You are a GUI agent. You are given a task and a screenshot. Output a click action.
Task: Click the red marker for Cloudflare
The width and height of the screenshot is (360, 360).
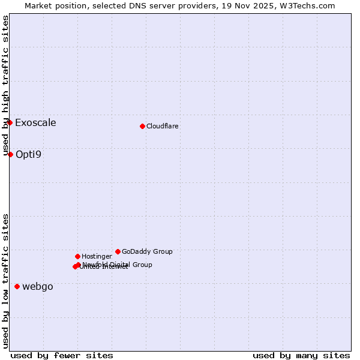point(142,126)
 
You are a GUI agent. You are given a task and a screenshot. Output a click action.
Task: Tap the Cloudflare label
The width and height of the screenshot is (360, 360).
point(163,127)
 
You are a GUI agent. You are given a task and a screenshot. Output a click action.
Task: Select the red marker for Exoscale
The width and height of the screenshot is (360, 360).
point(10,122)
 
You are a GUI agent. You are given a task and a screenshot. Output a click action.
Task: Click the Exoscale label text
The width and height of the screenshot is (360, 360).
point(35,123)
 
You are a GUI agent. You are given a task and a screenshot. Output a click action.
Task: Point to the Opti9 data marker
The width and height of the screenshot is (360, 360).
point(10,154)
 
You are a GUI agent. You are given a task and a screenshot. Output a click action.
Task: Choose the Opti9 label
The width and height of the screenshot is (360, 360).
point(28,155)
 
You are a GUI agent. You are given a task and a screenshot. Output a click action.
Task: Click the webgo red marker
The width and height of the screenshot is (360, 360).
point(17,286)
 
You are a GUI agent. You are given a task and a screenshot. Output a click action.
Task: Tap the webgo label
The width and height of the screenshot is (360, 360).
point(38,287)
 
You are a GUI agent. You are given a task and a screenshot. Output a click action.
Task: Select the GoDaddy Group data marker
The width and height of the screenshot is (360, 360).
point(118,251)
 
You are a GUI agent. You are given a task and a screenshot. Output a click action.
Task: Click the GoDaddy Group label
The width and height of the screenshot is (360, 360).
point(147,252)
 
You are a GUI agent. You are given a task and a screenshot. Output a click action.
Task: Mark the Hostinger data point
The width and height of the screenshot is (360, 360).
point(77,256)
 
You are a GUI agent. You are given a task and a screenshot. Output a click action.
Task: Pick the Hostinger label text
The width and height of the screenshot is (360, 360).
point(97,257)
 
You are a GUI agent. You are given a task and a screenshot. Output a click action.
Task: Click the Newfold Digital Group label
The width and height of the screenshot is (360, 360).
point(118,265)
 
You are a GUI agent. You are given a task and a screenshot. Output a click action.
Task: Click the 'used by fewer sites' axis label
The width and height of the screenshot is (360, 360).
point(62,355)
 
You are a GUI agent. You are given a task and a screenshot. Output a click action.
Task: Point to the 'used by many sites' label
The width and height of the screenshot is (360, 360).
point(301,355)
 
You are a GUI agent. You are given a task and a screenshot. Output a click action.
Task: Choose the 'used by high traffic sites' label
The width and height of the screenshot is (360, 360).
point(5,86)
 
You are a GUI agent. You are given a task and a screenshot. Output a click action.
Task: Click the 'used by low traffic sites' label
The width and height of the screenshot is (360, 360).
point(5,281)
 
